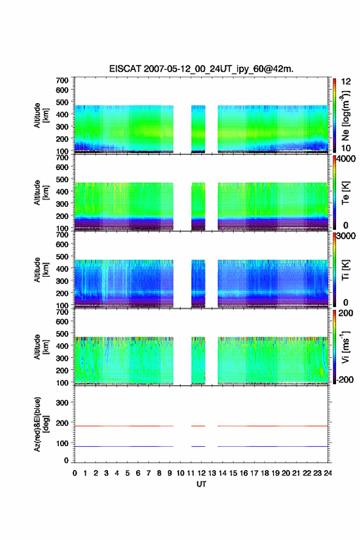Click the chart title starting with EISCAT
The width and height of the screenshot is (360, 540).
pos(201,69)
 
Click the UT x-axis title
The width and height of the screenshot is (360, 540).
pos(201,484)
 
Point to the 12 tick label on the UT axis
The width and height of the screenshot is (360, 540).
pos(201,473)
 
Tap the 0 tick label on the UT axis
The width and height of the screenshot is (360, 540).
pos(75,473)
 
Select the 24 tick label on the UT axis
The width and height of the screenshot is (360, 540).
pos(327,473)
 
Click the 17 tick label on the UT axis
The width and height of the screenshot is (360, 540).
pos(254,473)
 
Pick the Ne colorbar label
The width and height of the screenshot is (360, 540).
pos(345,116)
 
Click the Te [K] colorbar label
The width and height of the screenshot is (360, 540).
pos(345,193)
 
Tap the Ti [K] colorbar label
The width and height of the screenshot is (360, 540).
pos(345,270)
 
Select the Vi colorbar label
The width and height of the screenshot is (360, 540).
pos(345,347)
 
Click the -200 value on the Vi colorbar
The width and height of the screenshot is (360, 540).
pos(345,379)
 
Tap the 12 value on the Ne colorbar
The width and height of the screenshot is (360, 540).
pos(346,82)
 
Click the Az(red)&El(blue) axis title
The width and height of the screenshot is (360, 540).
pos(41,424)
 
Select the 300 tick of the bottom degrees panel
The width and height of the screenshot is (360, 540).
pos(62,403)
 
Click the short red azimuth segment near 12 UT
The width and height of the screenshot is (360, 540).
pos(198,426)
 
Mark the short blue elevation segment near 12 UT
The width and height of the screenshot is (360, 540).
pos(198,446)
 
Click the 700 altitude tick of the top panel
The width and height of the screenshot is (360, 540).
pos(62,80)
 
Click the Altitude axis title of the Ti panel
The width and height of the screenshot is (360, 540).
pos(41,270)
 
